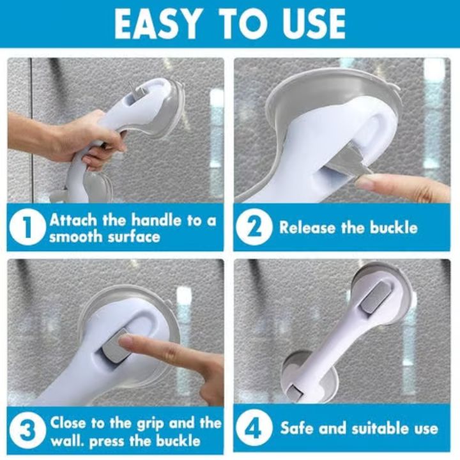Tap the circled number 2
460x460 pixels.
point(254,228)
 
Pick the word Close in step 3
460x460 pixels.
point(70,423)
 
